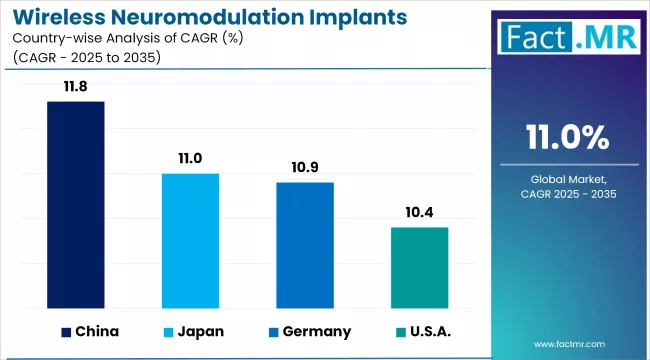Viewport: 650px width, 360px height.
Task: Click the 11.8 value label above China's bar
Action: pyautogui.click(x=75, y=87)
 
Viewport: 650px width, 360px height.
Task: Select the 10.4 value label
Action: pyautogui.click(x=420, y=212)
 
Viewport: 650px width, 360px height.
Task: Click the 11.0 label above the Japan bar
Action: pyautogui.click(x=190, y=158)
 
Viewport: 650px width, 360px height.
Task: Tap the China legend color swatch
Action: pyautogui.click(x=66, y=332)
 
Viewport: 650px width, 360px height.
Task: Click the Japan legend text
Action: pyautogui.click(x=201, y=332)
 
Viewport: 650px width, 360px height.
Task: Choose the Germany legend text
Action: pyautogui.click(x=317, y=332)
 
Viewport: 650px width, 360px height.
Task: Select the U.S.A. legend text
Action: pyautogui.click(x=431, y=332)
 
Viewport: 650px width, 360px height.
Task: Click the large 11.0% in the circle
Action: pyautogui.click(x=567, y=136)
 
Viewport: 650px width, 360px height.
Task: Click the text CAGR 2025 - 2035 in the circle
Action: pyautogui.click(x=567, y=193)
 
